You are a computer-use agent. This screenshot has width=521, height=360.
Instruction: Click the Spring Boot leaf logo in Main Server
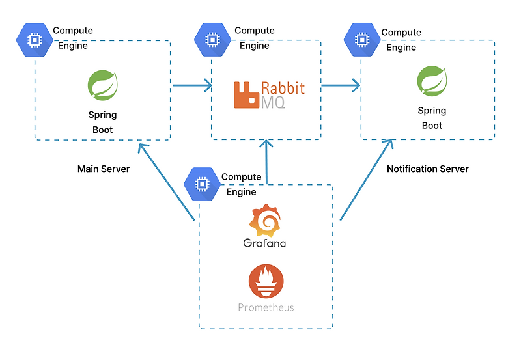click(102, 85)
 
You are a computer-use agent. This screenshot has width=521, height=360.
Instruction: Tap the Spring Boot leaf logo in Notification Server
click(432, 81)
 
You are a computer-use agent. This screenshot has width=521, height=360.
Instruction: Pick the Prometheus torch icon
click(266, 281)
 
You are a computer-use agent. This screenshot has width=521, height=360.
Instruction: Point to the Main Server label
click(104, 169)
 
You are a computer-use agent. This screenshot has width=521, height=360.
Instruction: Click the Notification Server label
click(428, 169)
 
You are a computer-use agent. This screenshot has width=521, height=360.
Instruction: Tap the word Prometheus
click(266, 307)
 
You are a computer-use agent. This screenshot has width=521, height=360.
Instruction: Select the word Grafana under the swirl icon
click(264, 243)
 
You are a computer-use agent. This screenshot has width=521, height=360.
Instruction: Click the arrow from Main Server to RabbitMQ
click(192, 85)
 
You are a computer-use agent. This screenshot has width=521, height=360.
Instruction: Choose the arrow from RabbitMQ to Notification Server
click(341, 85)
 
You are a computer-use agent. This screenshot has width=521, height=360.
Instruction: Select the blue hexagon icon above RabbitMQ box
click(211, 40)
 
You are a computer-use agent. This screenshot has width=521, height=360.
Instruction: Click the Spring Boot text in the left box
click(102, 122)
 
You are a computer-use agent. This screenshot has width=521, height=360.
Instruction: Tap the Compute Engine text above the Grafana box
click(241, 184)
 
